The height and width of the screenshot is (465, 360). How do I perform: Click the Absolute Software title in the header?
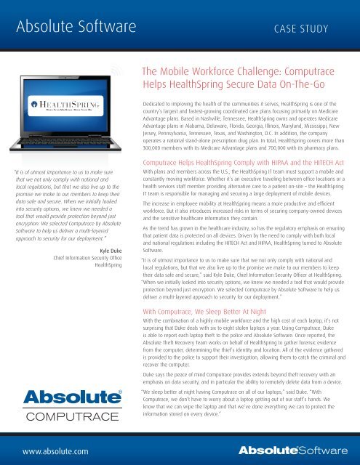73,29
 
